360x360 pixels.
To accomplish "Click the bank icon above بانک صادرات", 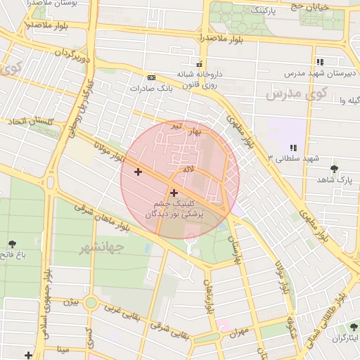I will click(x=151, y=77).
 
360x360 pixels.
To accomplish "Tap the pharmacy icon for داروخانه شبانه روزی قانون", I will click(x=200, y=63).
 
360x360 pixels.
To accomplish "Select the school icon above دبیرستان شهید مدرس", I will click(x=320, y=62).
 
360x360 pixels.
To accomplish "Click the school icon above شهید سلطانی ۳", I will click(x=293, y=147).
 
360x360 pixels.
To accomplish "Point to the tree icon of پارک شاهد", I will click(x=334, y=169).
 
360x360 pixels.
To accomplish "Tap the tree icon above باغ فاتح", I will click(x=12, y=244).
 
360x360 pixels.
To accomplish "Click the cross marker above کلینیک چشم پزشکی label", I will click(x=174, y=192).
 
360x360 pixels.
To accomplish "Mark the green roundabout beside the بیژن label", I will click(x=91, y=303).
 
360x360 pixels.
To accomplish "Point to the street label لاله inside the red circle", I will click(x=187, y=170).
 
